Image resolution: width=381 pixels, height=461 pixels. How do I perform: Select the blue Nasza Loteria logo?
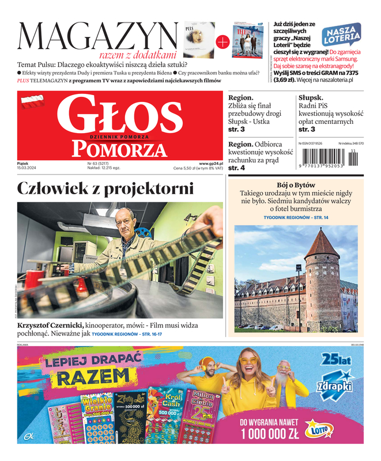341,36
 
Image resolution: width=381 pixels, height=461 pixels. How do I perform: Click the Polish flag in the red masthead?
32,103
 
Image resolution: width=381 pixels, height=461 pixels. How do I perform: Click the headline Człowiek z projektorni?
105,188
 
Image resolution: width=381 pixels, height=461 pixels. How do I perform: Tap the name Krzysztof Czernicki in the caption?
51,326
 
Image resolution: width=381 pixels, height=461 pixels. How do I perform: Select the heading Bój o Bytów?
296,184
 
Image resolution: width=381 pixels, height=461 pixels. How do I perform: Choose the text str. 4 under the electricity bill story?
236,168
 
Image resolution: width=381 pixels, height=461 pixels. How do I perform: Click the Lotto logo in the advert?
316,428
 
